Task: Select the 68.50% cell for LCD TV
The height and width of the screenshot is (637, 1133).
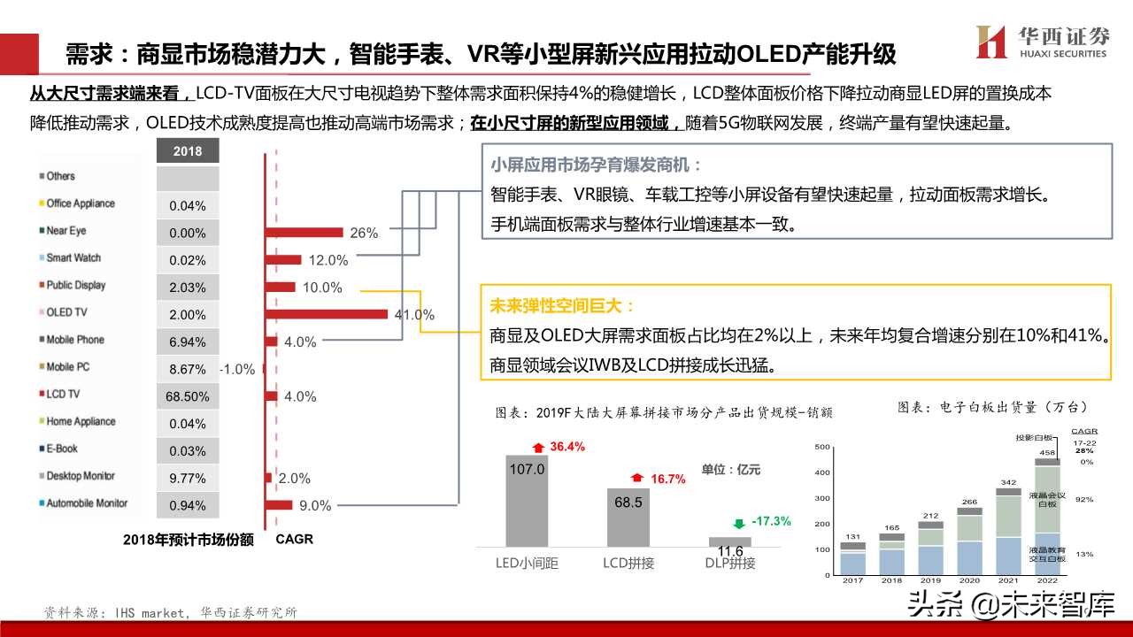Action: coord(187,396)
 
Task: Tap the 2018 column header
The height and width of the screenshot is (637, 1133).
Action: coord(187,151)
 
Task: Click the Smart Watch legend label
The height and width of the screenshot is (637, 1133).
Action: coord(73,258)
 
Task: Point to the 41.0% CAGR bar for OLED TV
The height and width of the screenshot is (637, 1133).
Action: coord(328,313)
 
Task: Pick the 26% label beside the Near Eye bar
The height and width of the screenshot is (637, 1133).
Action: coord(364,234)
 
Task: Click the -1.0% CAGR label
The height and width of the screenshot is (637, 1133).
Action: coord(237,369)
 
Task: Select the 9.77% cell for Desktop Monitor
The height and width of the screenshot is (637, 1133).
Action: coord(187,479)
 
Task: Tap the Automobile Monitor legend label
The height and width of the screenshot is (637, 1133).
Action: coord(87,503)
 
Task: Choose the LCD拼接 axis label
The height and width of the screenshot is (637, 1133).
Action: coord(628,563)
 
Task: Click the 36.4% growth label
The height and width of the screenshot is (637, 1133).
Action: coord(567,447)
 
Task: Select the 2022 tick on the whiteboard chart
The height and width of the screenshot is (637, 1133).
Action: coord(1047,581)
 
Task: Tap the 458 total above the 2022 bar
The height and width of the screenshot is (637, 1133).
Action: coord(1046,452)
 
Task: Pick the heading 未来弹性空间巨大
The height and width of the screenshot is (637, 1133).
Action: coord(562,307)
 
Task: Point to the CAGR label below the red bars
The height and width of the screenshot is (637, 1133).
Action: coord(294,539)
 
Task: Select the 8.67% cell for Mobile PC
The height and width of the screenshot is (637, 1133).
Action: coord(187,369)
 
